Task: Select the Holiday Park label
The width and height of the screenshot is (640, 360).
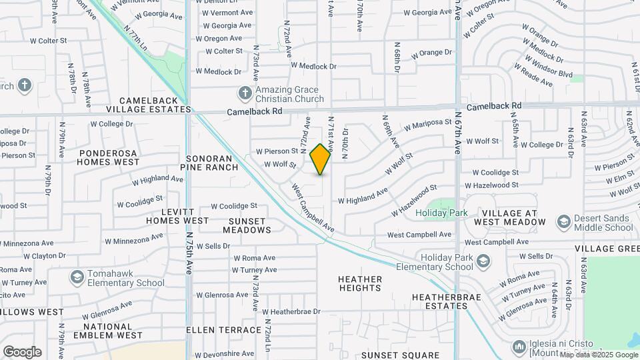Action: tap(441, 213)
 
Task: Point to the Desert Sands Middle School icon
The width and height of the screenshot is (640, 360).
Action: tap(563, 221)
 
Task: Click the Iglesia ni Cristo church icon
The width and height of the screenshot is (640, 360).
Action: tap(519, 347)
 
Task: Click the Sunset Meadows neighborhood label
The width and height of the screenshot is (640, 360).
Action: tap(250, 225)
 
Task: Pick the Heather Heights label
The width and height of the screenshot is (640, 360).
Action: tap(360, 283)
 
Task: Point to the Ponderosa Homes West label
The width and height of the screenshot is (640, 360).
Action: tap(109, 157)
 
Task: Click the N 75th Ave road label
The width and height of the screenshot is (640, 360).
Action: tap(190, 253)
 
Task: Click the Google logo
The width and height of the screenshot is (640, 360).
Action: tap(22, 351)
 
